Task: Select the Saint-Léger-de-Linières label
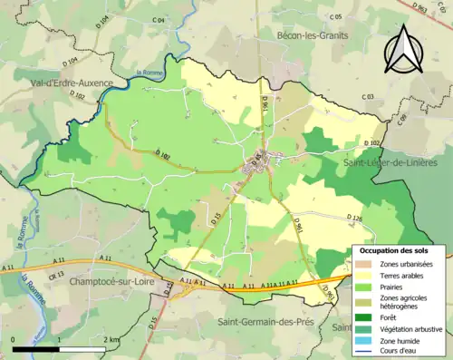coord(396,161)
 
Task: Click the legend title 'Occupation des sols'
coord(394,249)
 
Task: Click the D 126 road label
coord(354,219)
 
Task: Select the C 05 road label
coord(336,17)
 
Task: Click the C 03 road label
coord(368,96)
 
